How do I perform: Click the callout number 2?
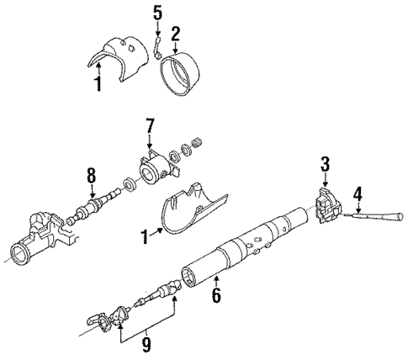pyautogui.click(x=175, y=34)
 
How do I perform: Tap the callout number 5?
pyautogui.click(x=156, y=13)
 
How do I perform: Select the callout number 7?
pyautogui.click(x=150, y=125)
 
